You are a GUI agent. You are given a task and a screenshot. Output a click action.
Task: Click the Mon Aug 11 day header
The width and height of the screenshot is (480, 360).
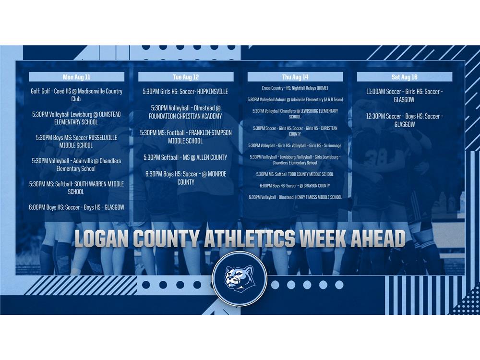pos(76,77)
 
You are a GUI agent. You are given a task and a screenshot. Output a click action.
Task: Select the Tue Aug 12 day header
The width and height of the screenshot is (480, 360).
pos(186,77)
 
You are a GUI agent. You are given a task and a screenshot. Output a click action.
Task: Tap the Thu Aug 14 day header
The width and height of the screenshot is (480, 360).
pos(295,77)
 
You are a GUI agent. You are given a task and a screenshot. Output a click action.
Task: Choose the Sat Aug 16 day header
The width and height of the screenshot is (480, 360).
pos(404,77)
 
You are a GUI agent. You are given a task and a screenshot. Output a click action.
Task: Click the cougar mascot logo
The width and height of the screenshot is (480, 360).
pos(240,278)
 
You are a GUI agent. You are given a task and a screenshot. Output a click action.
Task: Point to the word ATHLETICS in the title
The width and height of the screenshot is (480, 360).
pos(250,239)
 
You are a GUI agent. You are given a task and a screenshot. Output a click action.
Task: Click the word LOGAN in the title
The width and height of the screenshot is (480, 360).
pos(101,239)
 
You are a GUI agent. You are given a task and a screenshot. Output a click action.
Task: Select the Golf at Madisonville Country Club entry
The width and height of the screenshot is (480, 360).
pos(76,95)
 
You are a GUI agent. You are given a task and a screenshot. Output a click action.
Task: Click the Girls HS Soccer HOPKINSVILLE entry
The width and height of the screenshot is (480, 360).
pos(185,92)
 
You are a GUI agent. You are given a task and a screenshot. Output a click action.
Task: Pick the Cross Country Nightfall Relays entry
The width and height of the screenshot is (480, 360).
pos(295,88)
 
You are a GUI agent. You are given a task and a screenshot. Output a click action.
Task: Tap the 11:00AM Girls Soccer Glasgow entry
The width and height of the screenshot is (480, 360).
pos(404,96)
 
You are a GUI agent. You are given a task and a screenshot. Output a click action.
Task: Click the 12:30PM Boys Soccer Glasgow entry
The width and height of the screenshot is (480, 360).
pos(404,120)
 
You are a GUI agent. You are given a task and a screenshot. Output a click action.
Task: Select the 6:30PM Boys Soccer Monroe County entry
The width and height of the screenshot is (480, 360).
pos(186,178)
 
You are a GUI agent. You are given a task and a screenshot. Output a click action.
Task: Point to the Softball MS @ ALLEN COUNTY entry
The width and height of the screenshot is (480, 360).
pos(185,157)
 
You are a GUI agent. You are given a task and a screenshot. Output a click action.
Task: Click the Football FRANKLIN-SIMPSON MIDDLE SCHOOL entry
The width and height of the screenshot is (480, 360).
pos(185,137)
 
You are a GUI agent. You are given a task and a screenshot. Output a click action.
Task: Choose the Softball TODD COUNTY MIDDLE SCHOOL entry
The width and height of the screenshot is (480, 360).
pos(295,174)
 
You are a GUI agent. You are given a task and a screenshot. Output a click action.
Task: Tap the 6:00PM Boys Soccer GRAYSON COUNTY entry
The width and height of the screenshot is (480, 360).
pos(295,186)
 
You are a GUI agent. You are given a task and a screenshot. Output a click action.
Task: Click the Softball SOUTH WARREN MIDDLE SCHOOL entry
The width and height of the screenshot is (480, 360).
pos(76,188)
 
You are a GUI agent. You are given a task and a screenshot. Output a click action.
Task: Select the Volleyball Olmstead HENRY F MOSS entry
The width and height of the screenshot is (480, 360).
pos(295,197)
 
